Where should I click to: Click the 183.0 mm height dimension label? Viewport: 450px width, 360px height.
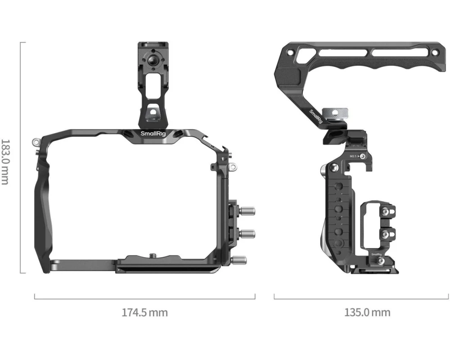5,162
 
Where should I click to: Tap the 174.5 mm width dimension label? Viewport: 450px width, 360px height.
144,312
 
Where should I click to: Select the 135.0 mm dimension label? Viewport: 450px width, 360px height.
367,312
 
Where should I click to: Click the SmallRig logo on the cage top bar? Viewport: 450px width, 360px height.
153,134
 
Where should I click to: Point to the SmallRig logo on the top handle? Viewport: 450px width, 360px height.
316,117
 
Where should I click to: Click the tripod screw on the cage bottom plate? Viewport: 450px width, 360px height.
152,255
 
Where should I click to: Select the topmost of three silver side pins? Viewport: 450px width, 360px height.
247,211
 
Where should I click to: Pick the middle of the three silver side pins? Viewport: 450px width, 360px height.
247,234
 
